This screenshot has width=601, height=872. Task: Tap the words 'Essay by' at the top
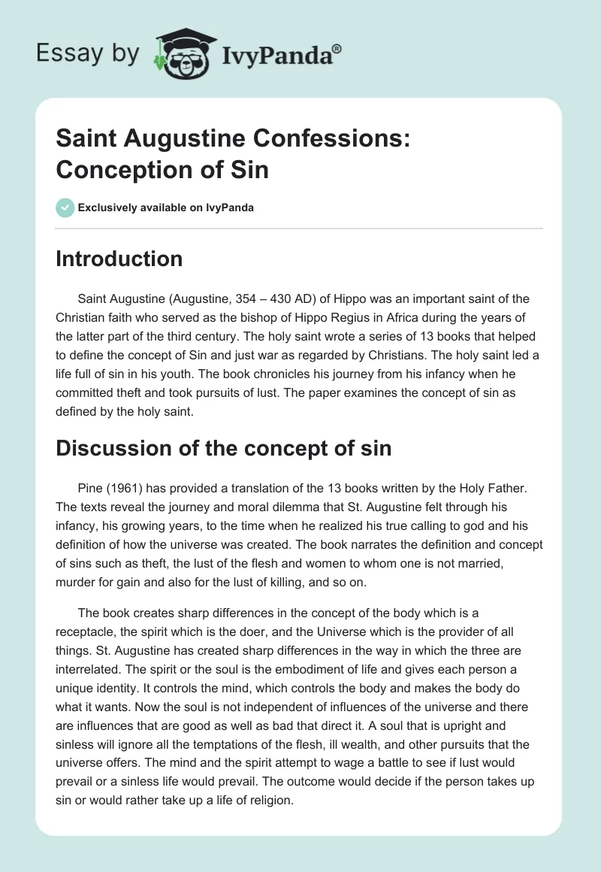(x=89, y=53)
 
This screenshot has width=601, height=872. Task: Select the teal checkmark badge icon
(x=65, y=207)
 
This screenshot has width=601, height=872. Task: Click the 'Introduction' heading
(x=119, y=259)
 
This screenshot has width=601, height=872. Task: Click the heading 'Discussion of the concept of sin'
(x=223, y=449)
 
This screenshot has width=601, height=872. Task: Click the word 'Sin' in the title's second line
(x=252, y=170)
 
